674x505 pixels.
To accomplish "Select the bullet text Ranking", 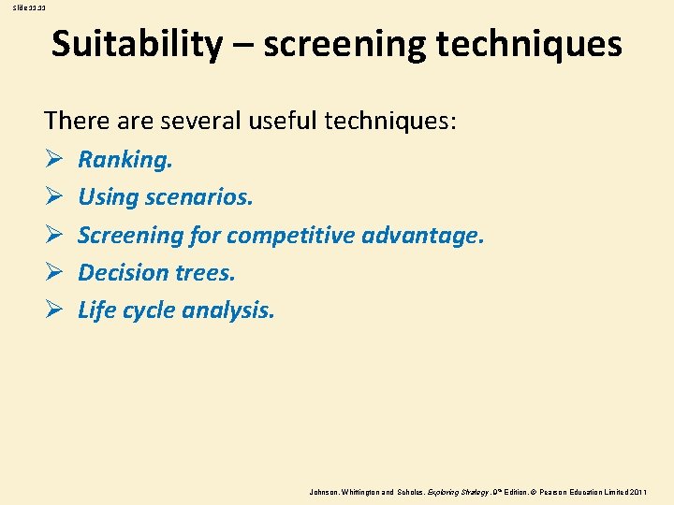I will coord(125,160).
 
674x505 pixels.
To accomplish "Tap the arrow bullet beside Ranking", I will coord(52,160).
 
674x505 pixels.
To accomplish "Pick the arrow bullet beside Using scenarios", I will coord(52,197).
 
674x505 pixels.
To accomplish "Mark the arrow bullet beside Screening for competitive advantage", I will coord(52,235).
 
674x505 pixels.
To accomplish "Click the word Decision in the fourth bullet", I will coord(119,272).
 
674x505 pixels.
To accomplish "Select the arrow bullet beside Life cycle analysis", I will coord(52,310).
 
